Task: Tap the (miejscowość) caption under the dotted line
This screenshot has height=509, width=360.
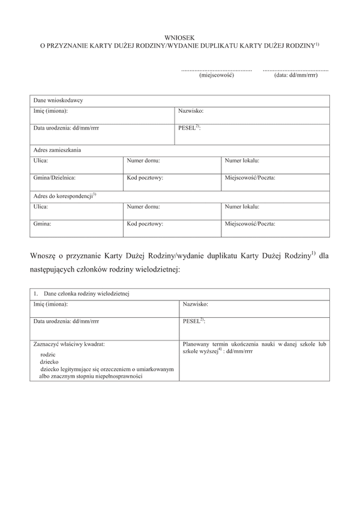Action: coord(216,75)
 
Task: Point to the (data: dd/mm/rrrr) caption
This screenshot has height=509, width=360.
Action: coord(296,75)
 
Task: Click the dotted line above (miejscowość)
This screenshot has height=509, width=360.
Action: coord(216,70)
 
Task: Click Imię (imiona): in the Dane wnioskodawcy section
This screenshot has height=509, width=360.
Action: coord(50,112)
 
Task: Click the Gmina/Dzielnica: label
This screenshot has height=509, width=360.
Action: coord(55,178)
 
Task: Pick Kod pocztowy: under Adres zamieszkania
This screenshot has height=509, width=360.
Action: coord(145,178)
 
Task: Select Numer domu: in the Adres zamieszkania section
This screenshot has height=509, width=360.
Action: coord(144,161)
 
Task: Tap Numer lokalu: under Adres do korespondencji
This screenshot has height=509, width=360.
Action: coord(242,207)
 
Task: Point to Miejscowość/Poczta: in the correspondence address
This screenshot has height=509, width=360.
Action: coord(250,224)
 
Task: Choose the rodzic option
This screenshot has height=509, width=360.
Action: coord(48,354)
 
